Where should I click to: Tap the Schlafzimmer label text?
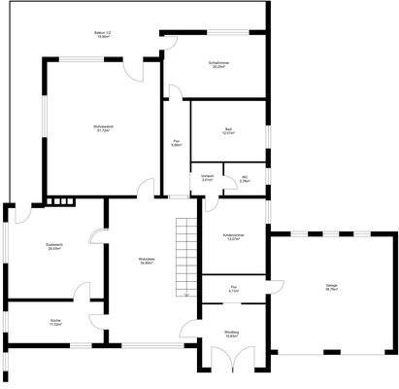click(x=218, y=65)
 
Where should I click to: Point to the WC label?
click(x=245, y=179)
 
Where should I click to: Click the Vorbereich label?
click(x=207, y=179)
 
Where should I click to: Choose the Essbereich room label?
click(x=54, y=246)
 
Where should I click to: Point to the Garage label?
click(x=332, y=287)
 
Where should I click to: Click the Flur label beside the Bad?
click(x=177, y=143)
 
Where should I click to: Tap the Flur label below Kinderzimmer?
click(x=234, y=288)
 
